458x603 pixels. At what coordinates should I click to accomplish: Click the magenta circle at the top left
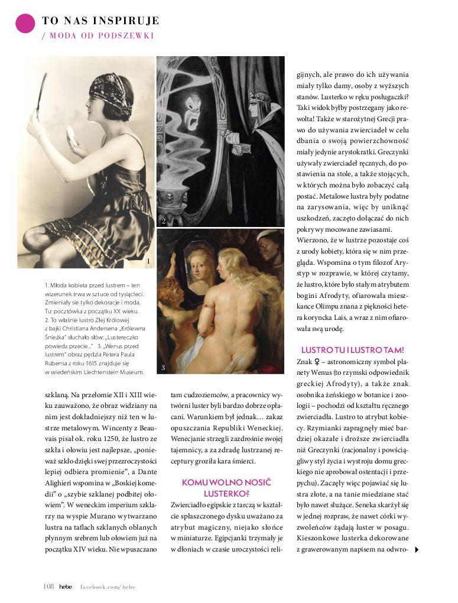tap(25, 23)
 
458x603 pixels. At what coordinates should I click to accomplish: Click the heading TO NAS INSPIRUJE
tap(100, 21)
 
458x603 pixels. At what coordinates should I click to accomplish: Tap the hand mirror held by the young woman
tap(42, 95)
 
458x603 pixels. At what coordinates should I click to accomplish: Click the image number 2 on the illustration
tap(163, 221)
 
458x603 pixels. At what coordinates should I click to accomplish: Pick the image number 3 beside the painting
tap(163, 368)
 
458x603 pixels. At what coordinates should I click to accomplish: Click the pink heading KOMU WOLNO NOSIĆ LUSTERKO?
tap(226, 488)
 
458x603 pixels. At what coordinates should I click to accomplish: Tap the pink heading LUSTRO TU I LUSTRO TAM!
tap(353, 350)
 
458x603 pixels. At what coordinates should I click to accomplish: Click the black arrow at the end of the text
tap(417, 550)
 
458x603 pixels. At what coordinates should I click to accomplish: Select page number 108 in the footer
tap(48, 586)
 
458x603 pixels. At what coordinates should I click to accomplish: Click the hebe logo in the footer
tap(66, 586)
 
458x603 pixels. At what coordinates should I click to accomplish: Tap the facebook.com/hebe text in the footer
tap(108, 586)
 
